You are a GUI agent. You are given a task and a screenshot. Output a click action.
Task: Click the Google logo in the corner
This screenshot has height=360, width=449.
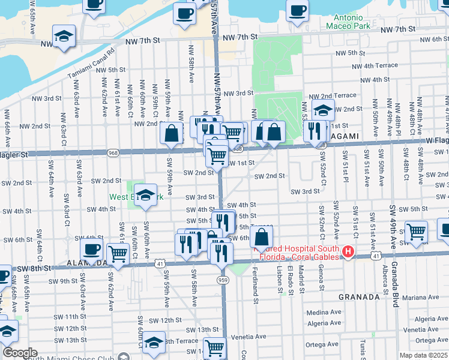click(20, 352)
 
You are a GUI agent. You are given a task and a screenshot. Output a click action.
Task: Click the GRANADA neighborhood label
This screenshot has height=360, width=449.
click(360, 297)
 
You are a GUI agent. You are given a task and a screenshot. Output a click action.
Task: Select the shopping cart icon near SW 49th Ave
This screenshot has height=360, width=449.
click(415, 232)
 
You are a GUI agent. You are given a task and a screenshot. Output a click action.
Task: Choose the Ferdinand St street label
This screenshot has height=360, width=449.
click(255, 293)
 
